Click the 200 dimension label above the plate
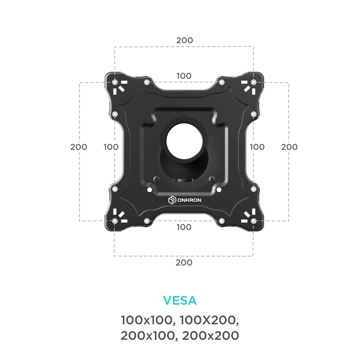(185, 40)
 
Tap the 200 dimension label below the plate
(184, 262)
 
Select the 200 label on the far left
(78, 147)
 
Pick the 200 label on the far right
(289, 147)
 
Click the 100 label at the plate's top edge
(184, 76)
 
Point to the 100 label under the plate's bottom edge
(184, 227)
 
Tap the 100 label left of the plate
(111, 147)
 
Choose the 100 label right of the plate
(257, 147)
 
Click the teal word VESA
(180, 300)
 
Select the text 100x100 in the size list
(147, 320)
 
